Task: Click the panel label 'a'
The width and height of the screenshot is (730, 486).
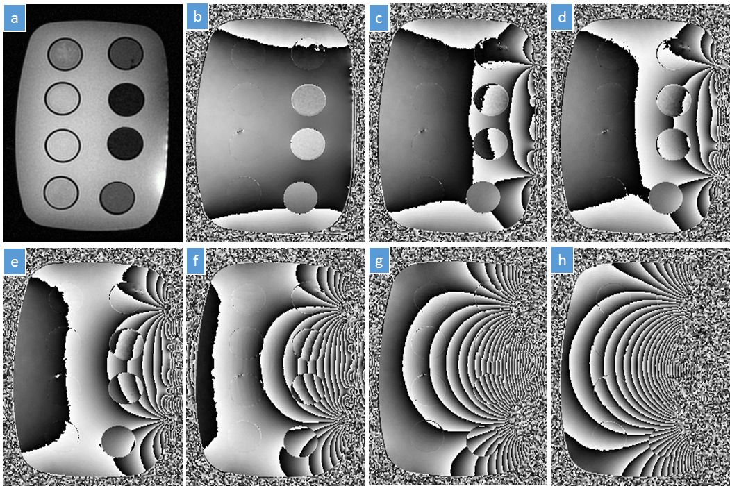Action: tap(15, 19)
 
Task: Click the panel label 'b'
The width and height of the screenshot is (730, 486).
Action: tap(197, 17)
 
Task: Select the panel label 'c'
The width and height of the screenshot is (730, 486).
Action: tap(379, 19)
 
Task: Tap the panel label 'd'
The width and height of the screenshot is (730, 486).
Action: tap(562, 17)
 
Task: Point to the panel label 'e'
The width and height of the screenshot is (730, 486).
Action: tap(15, 262)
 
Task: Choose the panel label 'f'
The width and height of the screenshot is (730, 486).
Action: tap(196, 260)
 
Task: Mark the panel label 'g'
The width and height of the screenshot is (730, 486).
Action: tap(379, 261)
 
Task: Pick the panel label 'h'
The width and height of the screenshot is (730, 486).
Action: tap(562, 260)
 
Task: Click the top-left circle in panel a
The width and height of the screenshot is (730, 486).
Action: tap(65, 53)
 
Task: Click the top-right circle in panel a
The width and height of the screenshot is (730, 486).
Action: tap(125, 53)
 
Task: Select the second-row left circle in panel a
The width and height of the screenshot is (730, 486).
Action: tap(63, 98)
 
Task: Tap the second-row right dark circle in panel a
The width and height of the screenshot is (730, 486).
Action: tap(126, 99)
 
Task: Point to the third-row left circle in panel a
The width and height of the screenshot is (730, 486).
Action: tap(63, 145)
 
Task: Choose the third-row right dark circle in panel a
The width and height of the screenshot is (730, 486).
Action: tap(125, 143)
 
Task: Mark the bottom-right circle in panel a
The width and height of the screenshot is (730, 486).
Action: tap(117, 198)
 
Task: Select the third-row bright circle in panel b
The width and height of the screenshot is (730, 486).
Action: tap(308, 144)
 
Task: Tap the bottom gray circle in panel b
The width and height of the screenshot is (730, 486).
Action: tap(301, 197)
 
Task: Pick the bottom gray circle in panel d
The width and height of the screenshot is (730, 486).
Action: tap(666, 197)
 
